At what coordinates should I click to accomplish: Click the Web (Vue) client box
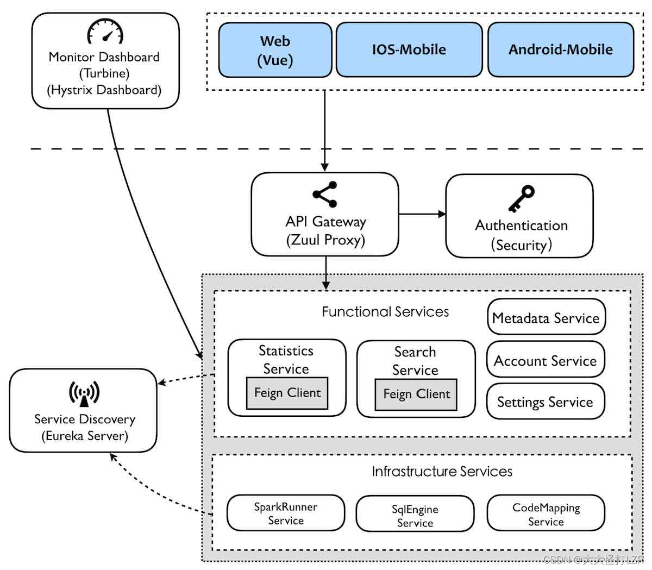[275, 50]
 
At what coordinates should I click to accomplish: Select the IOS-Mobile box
[409, 49]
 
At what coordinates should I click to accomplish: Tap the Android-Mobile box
[561, 49]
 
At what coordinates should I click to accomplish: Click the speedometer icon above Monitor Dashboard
[105, 31]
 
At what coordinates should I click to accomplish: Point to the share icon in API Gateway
[325, 195]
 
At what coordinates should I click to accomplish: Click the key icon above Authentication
[522, 198]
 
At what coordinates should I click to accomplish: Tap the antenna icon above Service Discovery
[84, 393]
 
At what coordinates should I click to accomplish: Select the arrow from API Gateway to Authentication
[422, 214]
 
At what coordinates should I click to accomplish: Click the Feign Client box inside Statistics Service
[287, 393]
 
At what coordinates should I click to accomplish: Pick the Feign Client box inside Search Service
[416, 394]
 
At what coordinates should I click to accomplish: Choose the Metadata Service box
[546, 317]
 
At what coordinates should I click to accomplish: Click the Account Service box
[546, 359]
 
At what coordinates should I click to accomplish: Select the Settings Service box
[546, 401]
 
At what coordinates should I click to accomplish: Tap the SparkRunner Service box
[286, 513]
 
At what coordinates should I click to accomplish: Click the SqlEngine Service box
[415, 513]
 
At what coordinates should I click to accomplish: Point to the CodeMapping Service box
[546, 513]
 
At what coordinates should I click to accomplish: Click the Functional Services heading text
[385, 311]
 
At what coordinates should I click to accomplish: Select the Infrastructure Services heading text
[442, 471]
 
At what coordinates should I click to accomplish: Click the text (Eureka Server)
[85, 436]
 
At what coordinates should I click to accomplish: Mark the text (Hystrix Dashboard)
[104, 90]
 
